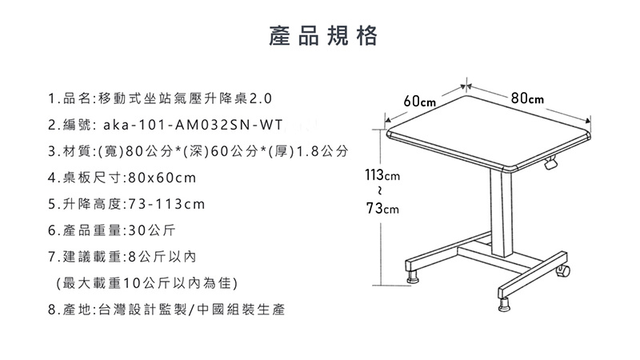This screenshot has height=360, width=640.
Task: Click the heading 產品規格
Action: tap(320, 36)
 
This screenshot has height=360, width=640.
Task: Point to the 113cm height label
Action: tap(382, 175)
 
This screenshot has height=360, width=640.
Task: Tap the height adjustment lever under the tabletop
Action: tap(550, 164)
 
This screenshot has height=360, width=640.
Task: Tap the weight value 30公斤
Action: tap(151, 232)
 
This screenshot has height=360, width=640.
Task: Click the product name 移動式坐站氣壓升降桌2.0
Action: tap(183, 99)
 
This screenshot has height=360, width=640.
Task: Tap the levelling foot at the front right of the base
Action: tap(506, 304)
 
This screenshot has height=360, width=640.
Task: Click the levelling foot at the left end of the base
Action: tap(414, 278)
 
